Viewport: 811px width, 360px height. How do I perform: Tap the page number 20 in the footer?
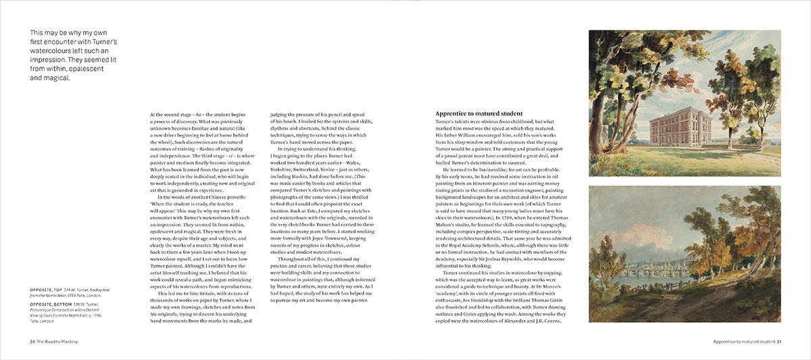tap(32, 342)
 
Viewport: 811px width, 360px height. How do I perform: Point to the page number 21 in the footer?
tap(779, 342)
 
